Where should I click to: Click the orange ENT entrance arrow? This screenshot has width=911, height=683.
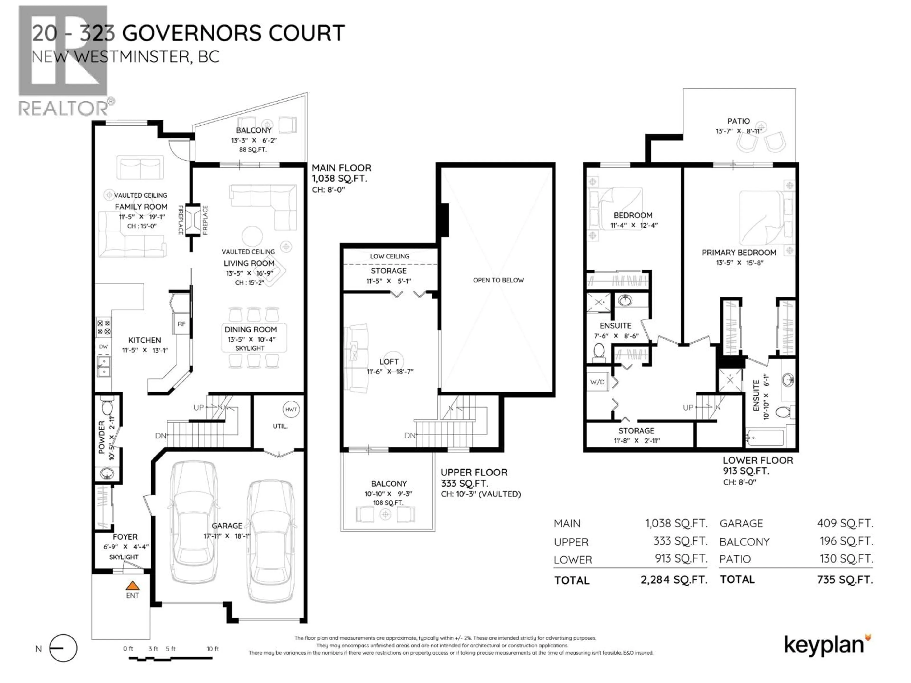132,586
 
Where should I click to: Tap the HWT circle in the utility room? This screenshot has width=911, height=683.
291,409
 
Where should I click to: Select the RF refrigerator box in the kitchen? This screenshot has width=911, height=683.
182,324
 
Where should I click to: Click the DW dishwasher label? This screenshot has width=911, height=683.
103,347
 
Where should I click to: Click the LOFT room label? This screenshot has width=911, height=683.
389,361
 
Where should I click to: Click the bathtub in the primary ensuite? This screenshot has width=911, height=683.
765,438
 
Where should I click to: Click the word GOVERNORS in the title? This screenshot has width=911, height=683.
192,33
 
